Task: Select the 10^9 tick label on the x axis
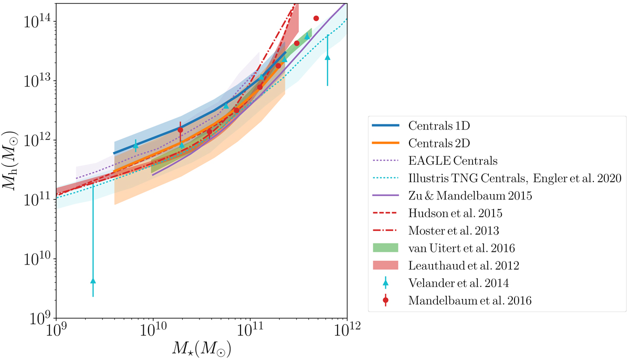(55, 332)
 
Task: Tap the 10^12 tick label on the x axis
(346, 332)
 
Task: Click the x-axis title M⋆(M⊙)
(201, 349)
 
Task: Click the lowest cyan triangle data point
(93, 281)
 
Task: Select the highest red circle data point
(316, 18)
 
